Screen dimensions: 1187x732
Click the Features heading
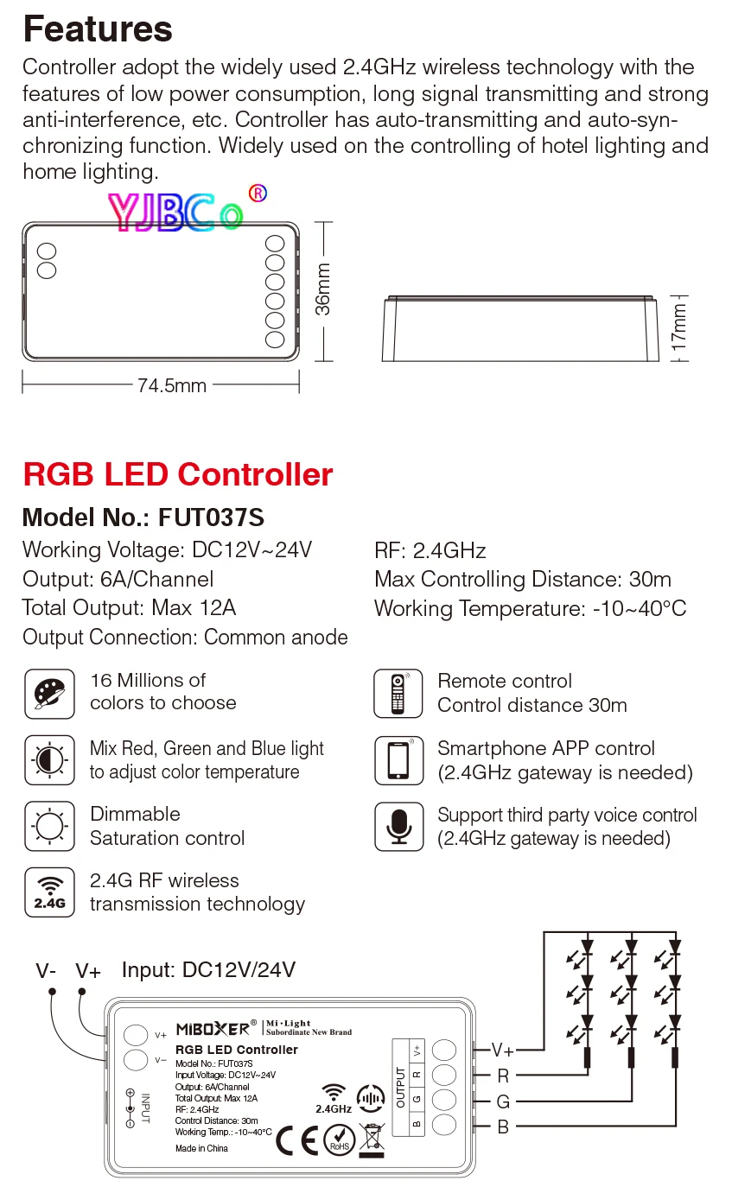click(x=98, y=29)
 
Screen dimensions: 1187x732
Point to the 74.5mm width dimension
click(x=172, y=385)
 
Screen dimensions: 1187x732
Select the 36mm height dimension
click(x=322, y=291)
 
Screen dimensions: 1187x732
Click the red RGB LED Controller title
click(x=177, y=474)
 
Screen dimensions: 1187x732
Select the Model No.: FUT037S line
click(x=143, y=517)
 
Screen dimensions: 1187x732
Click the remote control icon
click(x=398, y=693)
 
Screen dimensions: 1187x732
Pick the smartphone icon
click(x=398, y=760)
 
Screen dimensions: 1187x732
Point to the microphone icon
click(x=398, y=827)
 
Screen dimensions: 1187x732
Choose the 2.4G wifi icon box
click(x=49, y=892)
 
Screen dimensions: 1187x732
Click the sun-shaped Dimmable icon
click(x=49, y=826)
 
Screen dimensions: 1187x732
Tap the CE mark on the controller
click(x=296, y=1140)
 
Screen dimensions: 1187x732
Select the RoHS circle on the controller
click(x=339, y=1140)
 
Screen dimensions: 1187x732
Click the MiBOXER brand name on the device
click(x=212, y=1028)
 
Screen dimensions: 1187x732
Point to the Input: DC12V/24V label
click(x=208, y=970)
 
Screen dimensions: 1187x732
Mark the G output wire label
click(x=503, y=1101)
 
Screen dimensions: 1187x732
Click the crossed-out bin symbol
click(x=373, y=1138)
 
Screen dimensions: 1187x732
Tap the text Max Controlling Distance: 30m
click(x=522, y=580)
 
